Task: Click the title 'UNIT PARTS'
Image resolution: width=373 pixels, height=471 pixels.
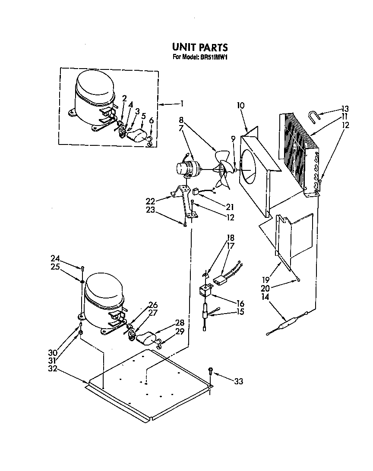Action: [x=200, y=47]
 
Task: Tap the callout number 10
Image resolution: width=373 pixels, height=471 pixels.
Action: [x=241, y=105]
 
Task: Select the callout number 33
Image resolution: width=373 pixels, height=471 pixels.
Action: [x=238, y=381]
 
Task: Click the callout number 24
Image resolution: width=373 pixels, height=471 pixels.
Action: [x=55, y=258]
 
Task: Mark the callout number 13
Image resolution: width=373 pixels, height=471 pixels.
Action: [x=345, y=108]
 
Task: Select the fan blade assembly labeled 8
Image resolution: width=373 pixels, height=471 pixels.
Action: [x=223, y=170]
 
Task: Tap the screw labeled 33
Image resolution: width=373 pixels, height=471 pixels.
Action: [x=210, y=371]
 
